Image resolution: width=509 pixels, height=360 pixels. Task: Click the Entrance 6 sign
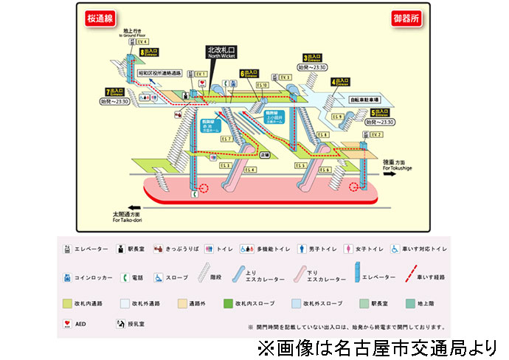(251, 73)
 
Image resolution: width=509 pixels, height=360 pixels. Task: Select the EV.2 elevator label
(376, 135)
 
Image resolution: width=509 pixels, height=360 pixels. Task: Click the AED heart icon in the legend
(68, 322)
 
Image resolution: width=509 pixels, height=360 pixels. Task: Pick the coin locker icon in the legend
(68, 277)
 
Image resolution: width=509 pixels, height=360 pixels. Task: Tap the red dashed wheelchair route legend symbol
(413, 277)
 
